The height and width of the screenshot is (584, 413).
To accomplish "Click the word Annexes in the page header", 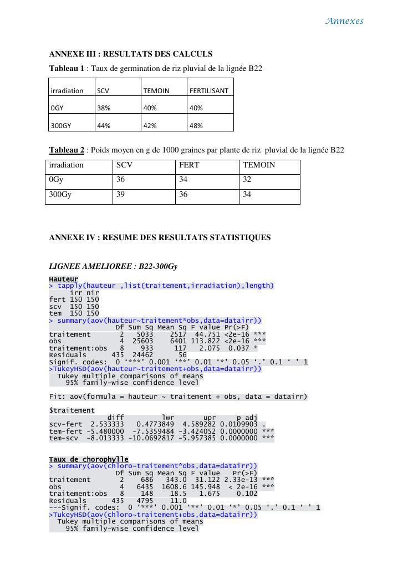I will pyautogui.click(x=344, y=21).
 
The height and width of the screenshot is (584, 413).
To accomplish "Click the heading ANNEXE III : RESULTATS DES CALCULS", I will pyautogui.click(x=131, y=54).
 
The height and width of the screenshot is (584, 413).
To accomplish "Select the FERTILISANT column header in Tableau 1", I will pyautogui.click(x=209, y=90).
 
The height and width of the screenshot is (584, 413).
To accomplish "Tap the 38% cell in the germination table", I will pyautogui.click(x=104, y=108).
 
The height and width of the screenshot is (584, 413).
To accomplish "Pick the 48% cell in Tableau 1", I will pyautogui.click(x=196, y=126).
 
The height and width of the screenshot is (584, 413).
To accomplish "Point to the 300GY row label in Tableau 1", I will pyautogui.click(x=61, y=126).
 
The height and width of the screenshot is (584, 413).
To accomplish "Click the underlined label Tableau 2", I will pyautogui.click(x=67, y=150).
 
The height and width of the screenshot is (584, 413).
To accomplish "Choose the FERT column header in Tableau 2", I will pyautogui.click(x=189, y=165).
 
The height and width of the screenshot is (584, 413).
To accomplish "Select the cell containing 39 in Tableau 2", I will pyautogui.click(x=121, y=195).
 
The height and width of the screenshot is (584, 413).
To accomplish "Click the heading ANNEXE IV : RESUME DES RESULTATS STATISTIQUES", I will pyautogui.click(x=160, y=237).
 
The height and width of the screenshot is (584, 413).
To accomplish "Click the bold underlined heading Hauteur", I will pyautogui.click(x=63, y=279).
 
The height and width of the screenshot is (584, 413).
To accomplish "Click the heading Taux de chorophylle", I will pyautogui.click(x=89, y=459).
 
